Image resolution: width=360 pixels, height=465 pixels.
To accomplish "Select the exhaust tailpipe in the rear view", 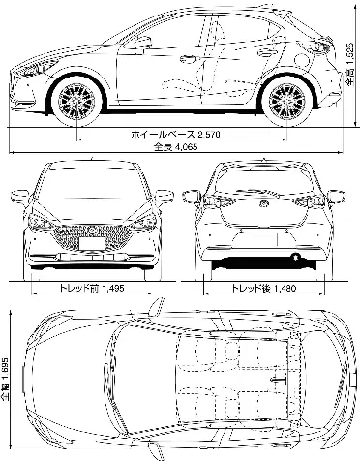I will click(296, 257).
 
